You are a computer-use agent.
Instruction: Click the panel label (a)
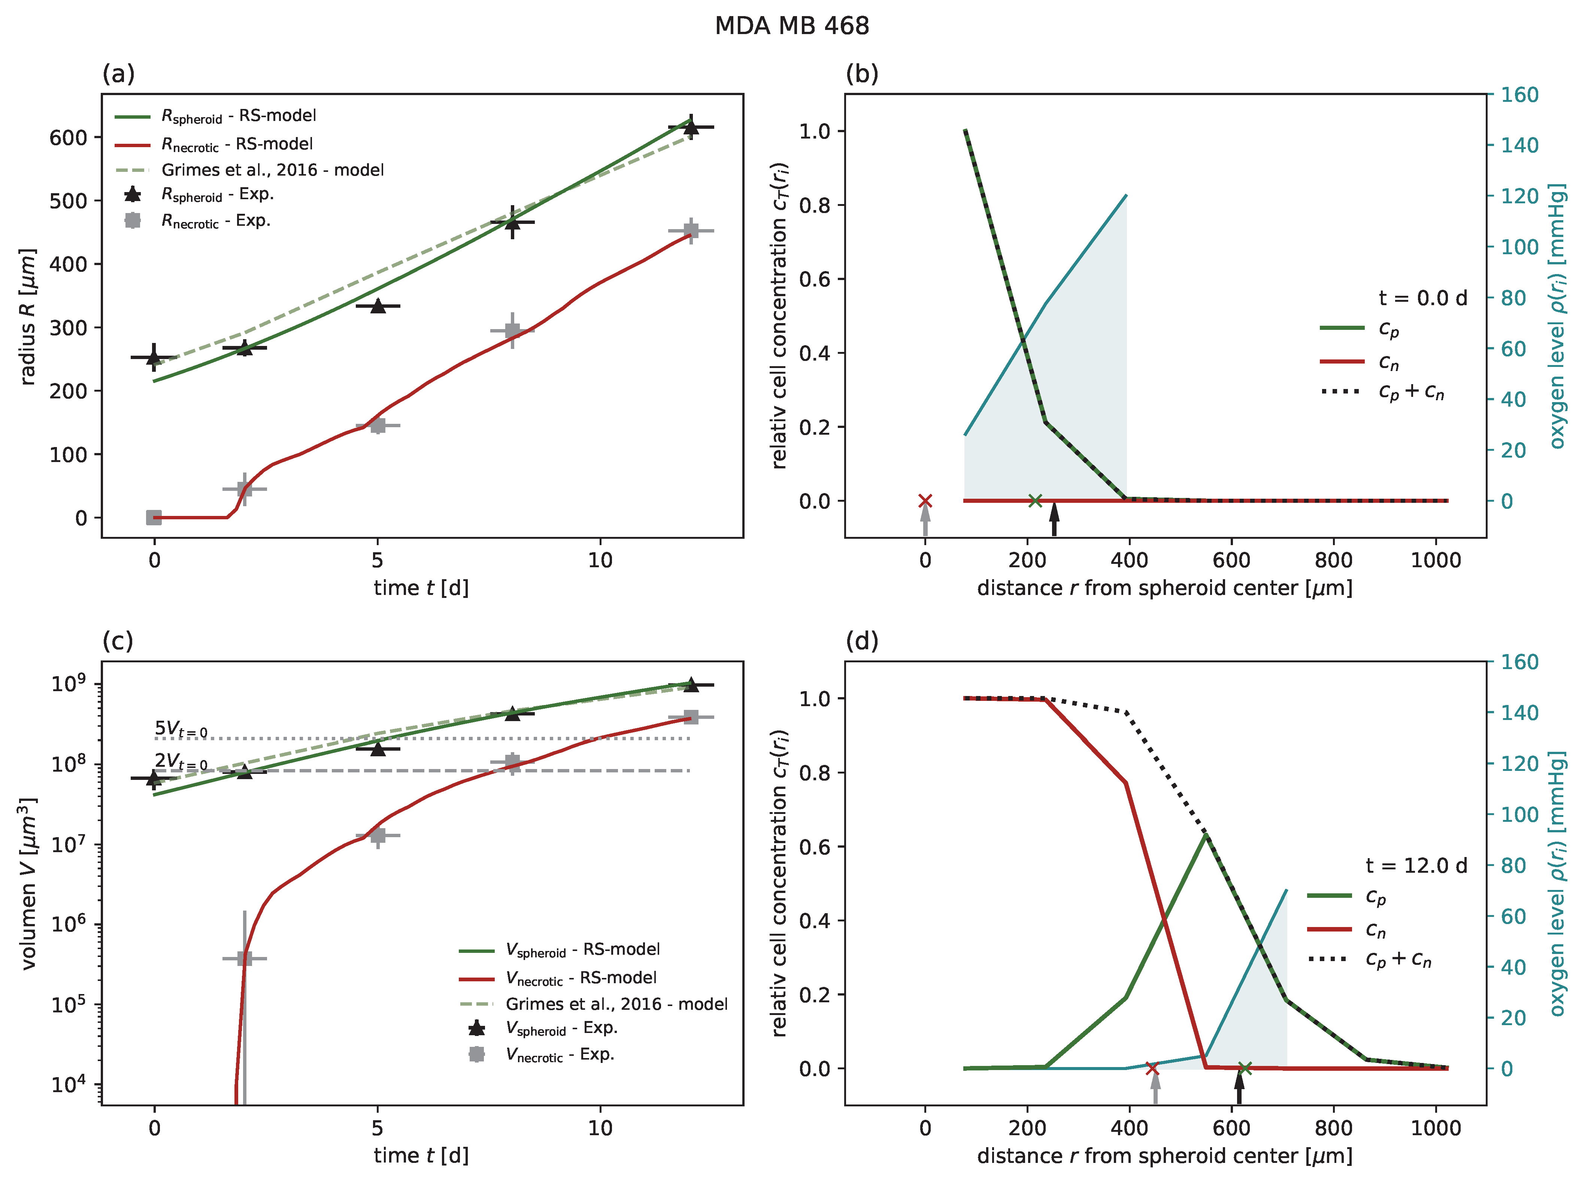pyautogui.click(x=118, y=73)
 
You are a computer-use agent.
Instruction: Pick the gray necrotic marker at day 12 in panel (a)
pyautogui.click(x=690, y=231)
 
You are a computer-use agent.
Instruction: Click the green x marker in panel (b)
pyautogui.click(x=1035, y=500)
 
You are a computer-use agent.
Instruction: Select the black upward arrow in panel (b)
pyautogui.click(x=1054, y=519)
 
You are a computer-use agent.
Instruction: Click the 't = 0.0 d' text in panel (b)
pyautogui.click(x=1422, y=298)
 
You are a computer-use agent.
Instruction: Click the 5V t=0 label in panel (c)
pyautogui.click(x=181, y=729)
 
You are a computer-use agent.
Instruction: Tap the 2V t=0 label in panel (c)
pyautogui.click(x=181, y=762)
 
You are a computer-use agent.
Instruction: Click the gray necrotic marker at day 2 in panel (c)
pyautogui.click(x=244, y=958)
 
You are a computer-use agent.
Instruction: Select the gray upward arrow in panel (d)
pyautogui.click(x=1155, y=1090)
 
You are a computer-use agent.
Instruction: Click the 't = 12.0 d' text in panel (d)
pyautogui.click(x=1416, y=866)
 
